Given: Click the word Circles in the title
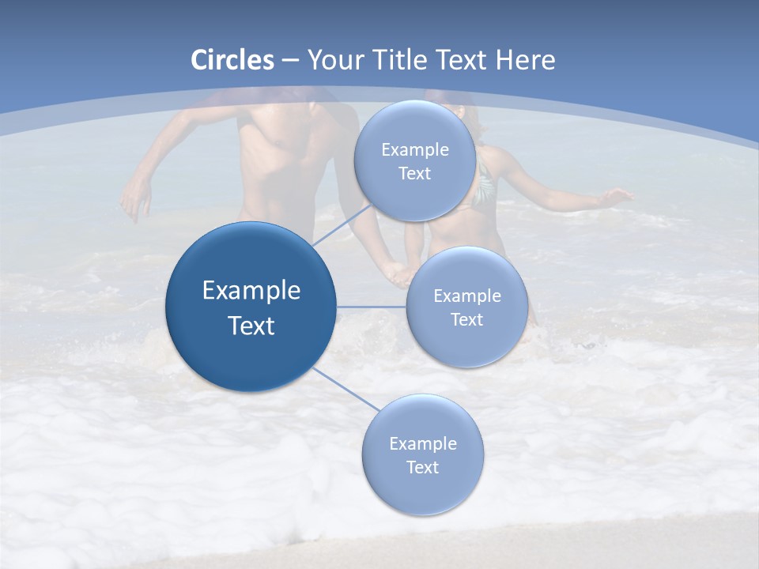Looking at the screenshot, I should (x=232, y=60).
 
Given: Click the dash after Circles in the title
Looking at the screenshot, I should (x=290, y=61).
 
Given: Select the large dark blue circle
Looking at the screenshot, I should (x=251, y=307).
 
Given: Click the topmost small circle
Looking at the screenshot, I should (x=415, y=161).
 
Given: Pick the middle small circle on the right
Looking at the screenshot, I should (x=467, y=307).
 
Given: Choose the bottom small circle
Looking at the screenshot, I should (x=422, y=455).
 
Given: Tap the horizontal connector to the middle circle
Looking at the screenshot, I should (x=371, y=307).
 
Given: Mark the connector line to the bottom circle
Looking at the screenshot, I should (x=345, y=390).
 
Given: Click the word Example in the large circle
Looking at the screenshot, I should (x=251, y=291).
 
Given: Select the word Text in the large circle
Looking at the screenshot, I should (x=251, y=326).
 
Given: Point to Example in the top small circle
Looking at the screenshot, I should (x=415, y=150).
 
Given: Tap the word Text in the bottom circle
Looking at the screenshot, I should (x=422, y=467).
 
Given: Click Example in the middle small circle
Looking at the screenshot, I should (x=467, y=296).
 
